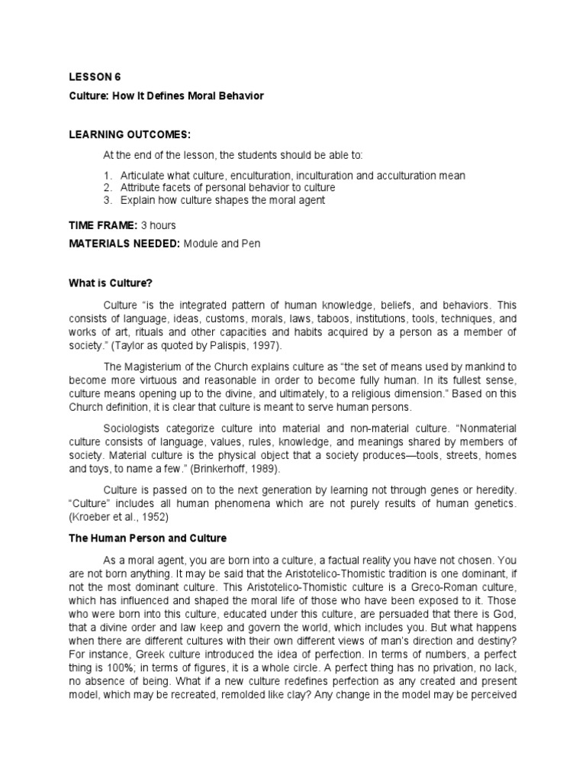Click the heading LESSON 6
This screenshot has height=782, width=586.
tap(95, 78)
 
